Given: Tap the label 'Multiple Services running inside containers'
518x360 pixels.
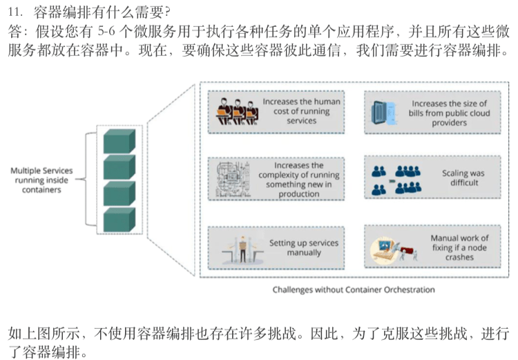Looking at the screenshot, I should (41, 180).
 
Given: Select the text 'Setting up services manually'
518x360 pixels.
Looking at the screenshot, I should (304, 248).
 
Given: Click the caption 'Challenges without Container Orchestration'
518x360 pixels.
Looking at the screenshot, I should (354, 290).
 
